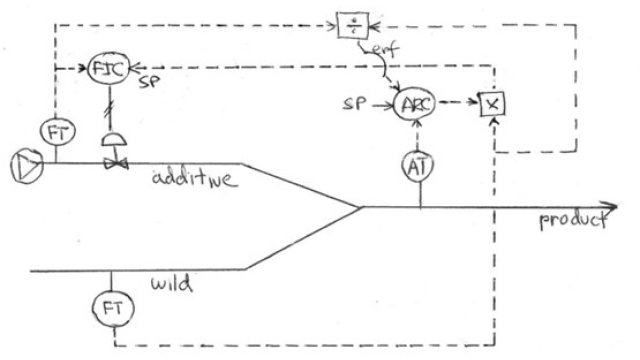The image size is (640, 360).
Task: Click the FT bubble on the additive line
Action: [57, 130]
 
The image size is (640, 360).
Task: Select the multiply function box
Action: [491, 103]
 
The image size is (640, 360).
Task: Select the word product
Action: [572, 219]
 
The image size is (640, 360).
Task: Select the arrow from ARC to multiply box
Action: [457, 102]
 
